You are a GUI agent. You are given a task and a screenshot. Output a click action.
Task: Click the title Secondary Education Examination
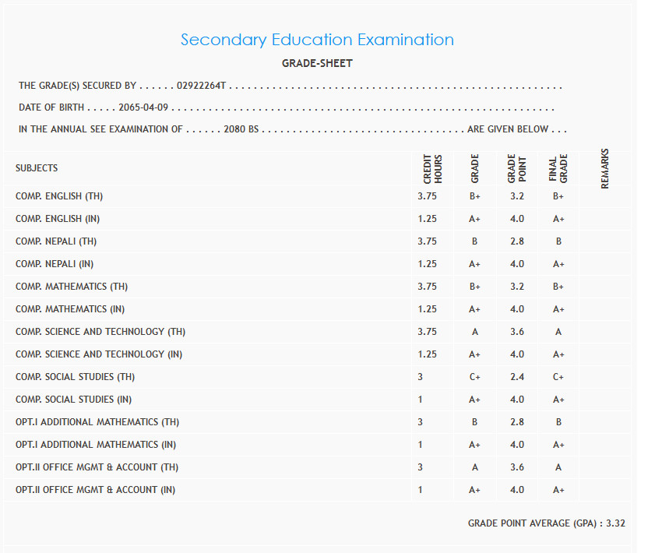pyautogui.click(x=317, y=40)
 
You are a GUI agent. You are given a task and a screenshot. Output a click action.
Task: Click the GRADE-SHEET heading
pyautogui.click(x=317, y=64)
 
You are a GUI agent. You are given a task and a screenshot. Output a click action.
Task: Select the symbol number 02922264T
pyautogui.click(x=201, y=86)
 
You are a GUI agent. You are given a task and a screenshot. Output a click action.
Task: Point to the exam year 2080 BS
pyautogui.click(x=241, y=129)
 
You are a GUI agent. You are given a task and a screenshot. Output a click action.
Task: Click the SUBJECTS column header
pyautogui.click(x=37, y=168)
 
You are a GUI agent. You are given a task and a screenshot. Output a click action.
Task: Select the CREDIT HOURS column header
pyautogui.click(x=432, y=168)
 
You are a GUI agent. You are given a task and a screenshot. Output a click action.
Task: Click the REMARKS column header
pyautogui.click(x=605, y=168)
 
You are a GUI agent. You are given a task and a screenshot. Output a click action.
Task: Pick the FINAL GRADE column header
pyautogui.click(x=558, y=168)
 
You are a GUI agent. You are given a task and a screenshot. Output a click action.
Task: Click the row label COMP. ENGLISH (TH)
pyautogui.click(x=59, y=196)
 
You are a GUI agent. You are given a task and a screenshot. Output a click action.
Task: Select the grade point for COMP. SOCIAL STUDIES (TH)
pyautogui.click(x=517, y=377)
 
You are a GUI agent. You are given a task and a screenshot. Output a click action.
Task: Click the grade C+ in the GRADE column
pyautogui.click(x=474, y=377)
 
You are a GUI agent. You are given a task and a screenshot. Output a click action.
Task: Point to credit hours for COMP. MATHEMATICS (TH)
pyautogui.click(x=427, y=287)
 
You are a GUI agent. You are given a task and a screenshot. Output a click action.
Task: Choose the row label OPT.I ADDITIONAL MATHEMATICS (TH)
pyautogui.click(x=97, y=422)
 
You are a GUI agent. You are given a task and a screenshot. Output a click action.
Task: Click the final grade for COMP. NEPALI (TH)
pyautogui.click(x=558, y=241)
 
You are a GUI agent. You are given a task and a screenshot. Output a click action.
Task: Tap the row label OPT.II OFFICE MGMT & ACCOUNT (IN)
pyautogui.click(x=95, y=490)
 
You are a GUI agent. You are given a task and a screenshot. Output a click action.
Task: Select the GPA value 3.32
pyautogui.click(x=615, y=523)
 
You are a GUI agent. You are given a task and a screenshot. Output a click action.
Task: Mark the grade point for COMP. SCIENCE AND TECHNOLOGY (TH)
pyautogui.click(x=517, y=332)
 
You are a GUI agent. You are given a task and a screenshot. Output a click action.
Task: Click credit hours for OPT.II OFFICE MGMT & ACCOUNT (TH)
pyautogui.click(x=421, y=467)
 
